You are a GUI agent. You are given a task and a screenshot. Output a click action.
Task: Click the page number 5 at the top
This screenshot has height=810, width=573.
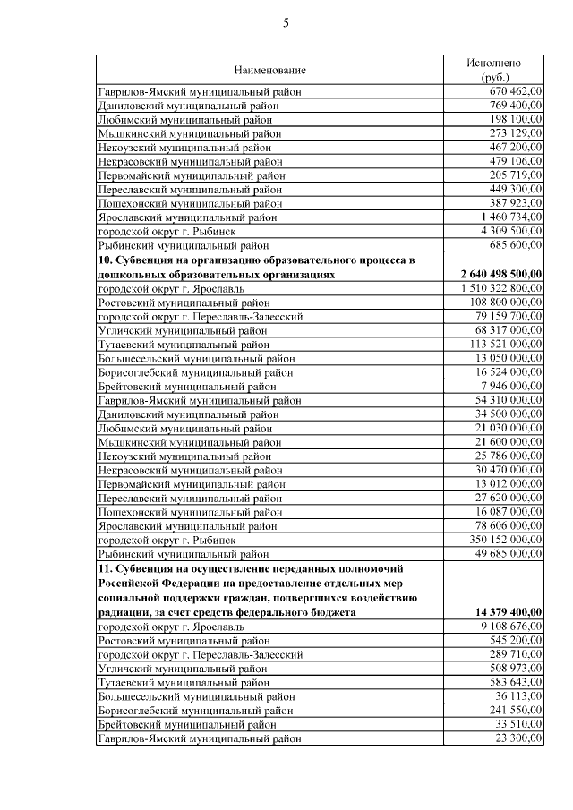(x=286, y=24)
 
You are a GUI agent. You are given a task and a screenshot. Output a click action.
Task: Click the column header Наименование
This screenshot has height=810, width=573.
(x=269, y=70)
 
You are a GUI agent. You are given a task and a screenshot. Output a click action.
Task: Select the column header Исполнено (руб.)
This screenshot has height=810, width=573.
(x=493, y=70)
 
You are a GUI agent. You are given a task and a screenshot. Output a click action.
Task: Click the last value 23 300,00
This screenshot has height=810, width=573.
(x=518, y=738)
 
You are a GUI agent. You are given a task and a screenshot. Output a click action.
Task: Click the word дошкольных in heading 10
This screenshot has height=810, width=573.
(x=129, y=275)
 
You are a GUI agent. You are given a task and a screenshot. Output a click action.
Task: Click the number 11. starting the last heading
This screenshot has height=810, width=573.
(x=106, y=568)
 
